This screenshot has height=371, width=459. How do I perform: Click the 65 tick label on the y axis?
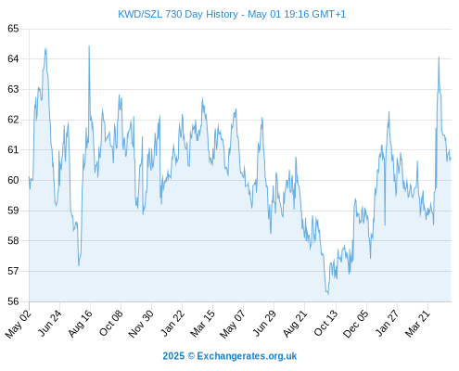(13, 29)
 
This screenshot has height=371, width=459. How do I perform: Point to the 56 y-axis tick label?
(13, 301)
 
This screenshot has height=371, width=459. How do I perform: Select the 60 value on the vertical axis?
(13, 180)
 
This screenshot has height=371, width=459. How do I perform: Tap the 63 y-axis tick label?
(13, 89)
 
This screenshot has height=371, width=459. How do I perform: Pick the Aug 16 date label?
(81, 323)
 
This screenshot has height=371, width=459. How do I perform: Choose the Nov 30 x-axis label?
(141, 324)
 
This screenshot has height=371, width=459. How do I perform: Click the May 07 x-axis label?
(233, 324)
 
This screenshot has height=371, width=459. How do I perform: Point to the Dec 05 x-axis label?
(356, 324)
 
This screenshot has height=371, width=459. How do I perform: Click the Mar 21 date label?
(418, 323)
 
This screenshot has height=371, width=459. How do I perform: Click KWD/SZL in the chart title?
(140, 14)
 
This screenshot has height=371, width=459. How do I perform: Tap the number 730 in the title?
(173, 14)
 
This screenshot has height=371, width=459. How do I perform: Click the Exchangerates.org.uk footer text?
(247, 356)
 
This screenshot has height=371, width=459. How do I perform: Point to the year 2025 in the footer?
(173, 356)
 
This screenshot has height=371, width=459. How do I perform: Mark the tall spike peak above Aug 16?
(89, 46)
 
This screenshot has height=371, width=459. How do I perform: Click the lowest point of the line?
(328, 294)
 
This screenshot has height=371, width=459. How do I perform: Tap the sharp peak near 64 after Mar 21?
(439, 58)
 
